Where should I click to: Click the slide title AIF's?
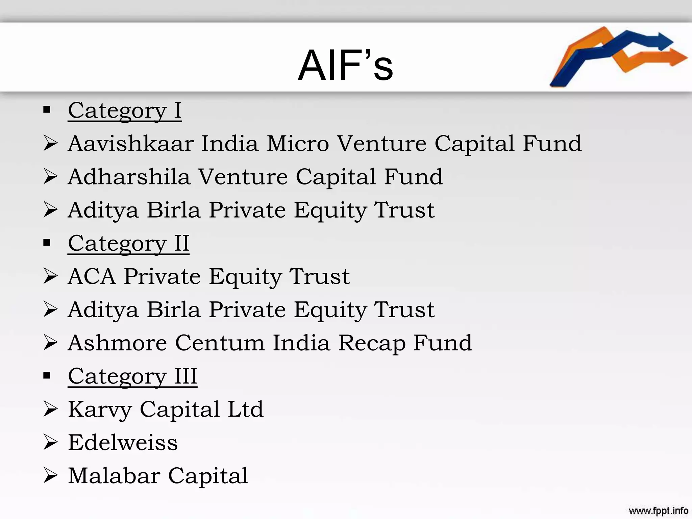pos(345,65)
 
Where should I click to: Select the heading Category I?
pos(125,110)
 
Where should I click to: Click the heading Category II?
pos(128,243)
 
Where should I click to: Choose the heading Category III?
pos(132,376)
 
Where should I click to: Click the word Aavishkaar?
pos(131,144)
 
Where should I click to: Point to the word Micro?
pos(298,144)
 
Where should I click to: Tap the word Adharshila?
pos(129,177)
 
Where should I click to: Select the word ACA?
pos(92,276)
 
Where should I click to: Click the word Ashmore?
pos(117,343)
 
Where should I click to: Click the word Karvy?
pos(100,410)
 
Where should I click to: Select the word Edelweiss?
pos(123,443)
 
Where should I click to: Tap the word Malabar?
pos(114,476)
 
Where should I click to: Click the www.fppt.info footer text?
pos(658,510)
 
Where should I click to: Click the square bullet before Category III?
pos(47,375)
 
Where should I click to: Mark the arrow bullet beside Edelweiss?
pos(51,443)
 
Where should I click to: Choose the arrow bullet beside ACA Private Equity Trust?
pos(51,276)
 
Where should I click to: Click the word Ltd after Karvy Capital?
pos(246,410)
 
